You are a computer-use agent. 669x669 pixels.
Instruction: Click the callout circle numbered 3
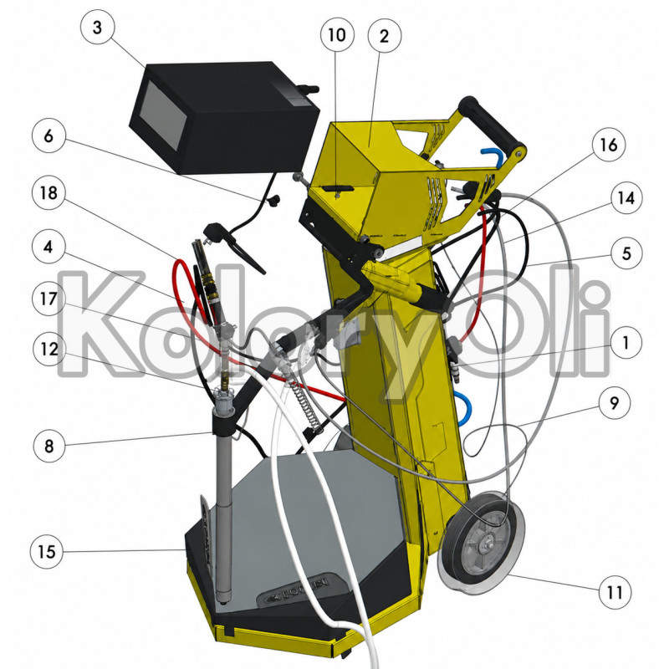(97, 28)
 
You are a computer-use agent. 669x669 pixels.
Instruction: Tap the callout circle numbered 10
(337, 34)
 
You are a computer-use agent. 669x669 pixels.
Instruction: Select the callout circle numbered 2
(384, 36)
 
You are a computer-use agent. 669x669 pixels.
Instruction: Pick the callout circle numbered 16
(609, 145)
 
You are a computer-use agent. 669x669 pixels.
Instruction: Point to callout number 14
(626, 198)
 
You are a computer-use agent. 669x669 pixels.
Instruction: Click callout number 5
(626, 253)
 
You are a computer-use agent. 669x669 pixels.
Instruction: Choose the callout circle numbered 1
(626, 343)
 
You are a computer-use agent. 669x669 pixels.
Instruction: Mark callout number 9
(615, 402)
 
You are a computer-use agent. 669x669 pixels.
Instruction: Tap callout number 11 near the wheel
(615, 592)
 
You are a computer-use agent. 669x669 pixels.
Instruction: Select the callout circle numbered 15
(47, 552)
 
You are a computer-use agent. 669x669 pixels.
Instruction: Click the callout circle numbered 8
(49, 447)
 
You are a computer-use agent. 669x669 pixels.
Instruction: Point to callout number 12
(49, 350)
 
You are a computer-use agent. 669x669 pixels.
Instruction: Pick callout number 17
(49, 299)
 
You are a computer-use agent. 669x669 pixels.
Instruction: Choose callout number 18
(49, 193)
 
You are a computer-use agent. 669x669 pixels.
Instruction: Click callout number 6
(49, 135)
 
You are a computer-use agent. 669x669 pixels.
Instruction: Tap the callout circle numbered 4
(49, 247)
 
